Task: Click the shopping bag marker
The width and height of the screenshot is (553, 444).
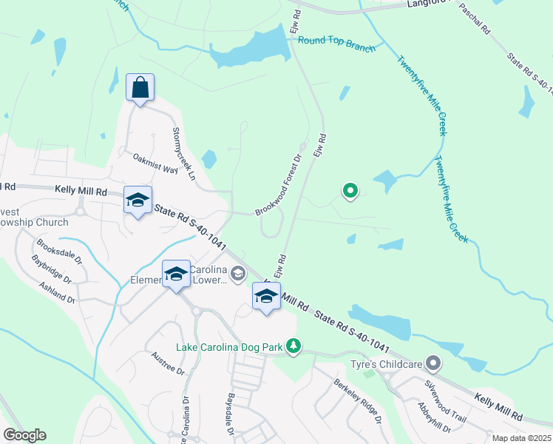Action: [140, 88]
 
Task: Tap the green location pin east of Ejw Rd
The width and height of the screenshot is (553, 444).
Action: [350, 192]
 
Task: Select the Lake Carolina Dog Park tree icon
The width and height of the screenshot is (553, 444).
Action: [294, 346]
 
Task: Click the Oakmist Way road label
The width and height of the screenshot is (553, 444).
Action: [155, 164]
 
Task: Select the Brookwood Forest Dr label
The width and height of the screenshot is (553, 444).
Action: [279, 185]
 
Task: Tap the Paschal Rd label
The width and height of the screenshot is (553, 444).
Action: [475, 18]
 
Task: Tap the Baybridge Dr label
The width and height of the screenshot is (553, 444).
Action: [52, 270]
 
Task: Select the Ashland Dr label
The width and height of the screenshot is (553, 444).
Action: [58, 294]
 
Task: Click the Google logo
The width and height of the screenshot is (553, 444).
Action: [24, 435]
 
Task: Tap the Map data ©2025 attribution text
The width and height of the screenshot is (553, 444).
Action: [522, 438]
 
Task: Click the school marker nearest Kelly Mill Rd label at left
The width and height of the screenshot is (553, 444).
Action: [137, 200]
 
